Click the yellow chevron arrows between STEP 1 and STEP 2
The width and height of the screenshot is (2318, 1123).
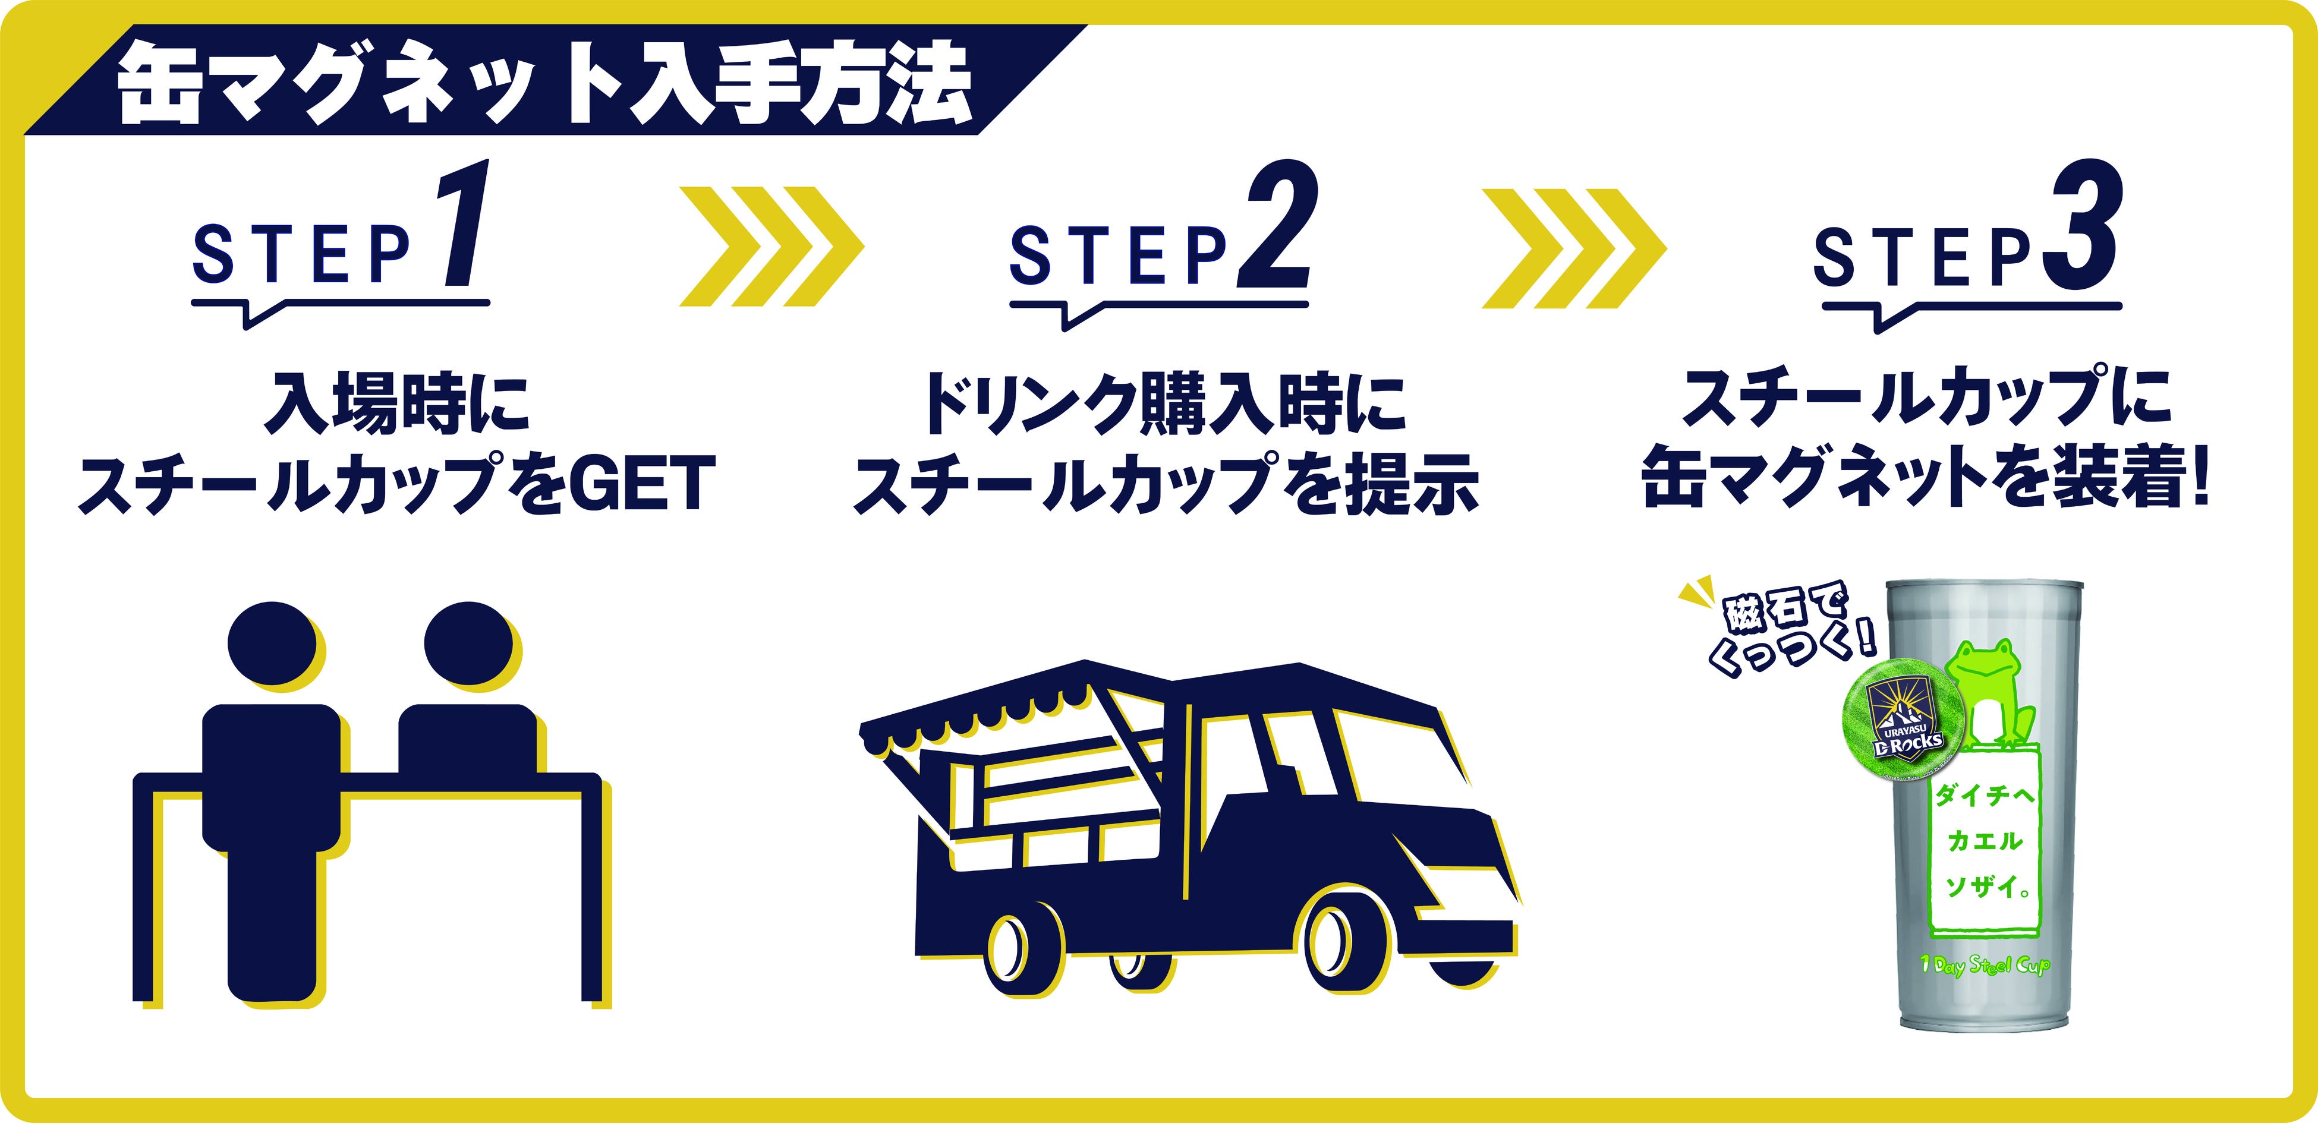[x=770, y=245]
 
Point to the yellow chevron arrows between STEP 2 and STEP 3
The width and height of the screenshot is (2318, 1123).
[x=1573, y=245]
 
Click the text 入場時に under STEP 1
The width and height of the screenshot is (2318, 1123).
[x=396, y=403]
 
